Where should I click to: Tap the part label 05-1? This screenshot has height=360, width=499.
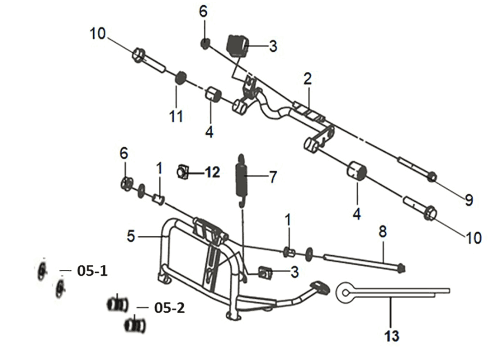pos(92,271)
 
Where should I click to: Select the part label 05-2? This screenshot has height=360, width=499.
pos(169,308)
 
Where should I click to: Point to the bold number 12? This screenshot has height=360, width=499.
pos(212,172)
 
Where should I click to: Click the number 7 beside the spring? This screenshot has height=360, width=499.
pos(273,177)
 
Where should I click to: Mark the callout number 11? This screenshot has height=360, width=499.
pos(176,116)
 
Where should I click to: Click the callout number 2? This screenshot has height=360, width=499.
pos(307,79)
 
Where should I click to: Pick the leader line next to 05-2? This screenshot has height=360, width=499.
pos(143,307)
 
